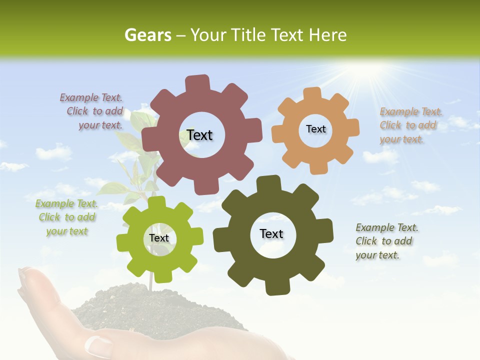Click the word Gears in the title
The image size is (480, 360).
point(147,35)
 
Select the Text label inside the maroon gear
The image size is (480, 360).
point(199,135)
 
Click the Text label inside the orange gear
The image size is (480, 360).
point(315,129)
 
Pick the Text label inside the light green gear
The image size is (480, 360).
point(159,238)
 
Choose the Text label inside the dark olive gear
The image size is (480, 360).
point(271,233)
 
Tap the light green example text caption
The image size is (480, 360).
point(66,217)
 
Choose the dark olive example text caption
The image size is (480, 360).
point(386,241)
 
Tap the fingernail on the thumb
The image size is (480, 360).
point(99,344)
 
